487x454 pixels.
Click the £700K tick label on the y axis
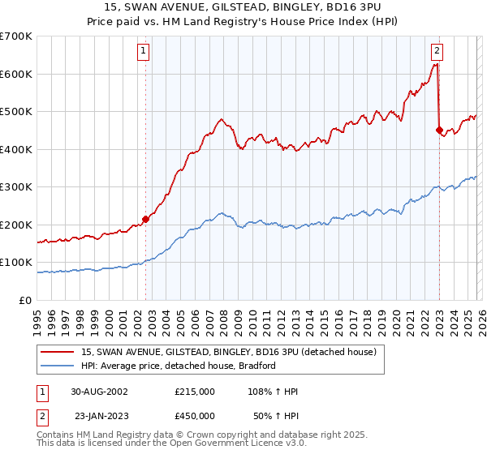click(x=16, y=36)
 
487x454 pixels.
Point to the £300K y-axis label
click(x=16, y=187)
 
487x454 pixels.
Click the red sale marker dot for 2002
click(x=146, y=219)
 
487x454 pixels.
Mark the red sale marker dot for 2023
click(x=439, y=130)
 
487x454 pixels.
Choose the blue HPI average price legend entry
click(x=179, y=366)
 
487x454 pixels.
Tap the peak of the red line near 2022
click(x=436, y=63)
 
